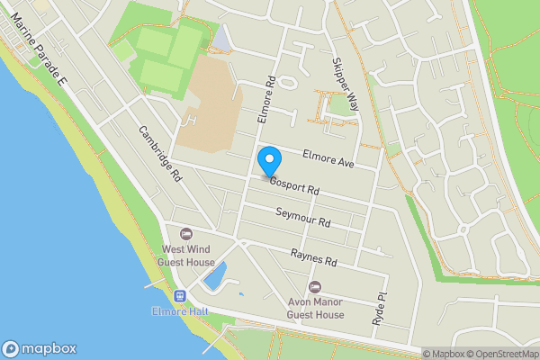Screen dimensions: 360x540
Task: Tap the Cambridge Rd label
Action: pyautogui.click(x=160, y=153)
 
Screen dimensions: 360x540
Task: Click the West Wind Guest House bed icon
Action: pyautogui.click(x=186, y=234)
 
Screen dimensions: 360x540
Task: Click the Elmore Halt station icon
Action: pyautogui.click(x=179, y=295)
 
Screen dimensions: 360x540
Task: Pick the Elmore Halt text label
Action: pyautogui.click(x=179, y=311)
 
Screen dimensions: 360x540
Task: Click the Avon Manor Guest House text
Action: pyautogui.click(x=316, y=308)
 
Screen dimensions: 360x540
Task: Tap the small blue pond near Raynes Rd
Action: pyautogui.click(x=214, y=275)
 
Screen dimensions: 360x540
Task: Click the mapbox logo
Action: pyautogui.click(x=40, y=349)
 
